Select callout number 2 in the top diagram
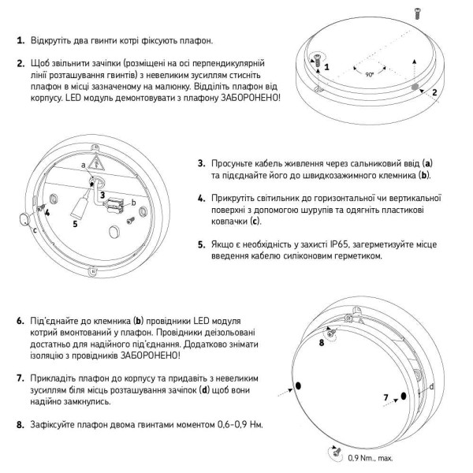434,92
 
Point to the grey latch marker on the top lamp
415,84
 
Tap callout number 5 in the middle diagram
75,223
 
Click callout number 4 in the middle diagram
47,212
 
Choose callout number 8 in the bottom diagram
321,343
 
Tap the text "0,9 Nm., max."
370,458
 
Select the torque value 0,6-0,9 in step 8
229,425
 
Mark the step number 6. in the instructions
20,322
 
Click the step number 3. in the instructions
202,163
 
